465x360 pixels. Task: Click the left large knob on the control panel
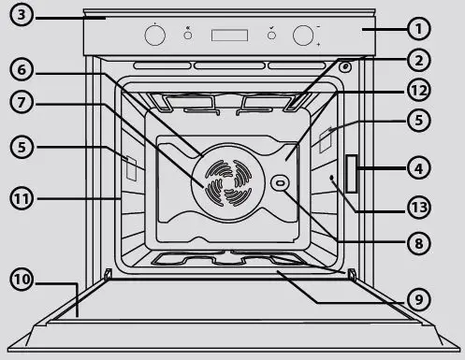click(154, 36)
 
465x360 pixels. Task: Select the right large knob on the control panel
click(302, 36)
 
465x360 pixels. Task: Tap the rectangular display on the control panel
click(228, 36)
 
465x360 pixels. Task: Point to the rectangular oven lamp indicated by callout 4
click(352, 174)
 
